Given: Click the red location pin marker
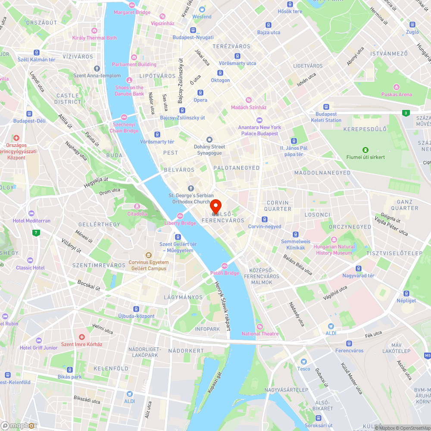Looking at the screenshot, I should (215, 205).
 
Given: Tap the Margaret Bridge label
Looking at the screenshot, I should (132, 12).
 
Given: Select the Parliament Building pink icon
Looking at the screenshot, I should (134, 57).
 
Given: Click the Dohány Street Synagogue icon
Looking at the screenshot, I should (209, 140).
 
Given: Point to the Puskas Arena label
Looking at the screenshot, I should (397, 94).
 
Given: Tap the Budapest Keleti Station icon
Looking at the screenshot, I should (326, 107).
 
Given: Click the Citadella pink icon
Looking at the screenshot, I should (137, 206).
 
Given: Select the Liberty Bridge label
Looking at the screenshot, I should (180, 223).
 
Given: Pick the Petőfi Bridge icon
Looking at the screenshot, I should (224, 266).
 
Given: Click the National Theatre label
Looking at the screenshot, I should (260, 334).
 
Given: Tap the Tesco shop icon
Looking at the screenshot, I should (303, 361).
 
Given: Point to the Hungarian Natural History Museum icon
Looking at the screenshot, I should (334, 240).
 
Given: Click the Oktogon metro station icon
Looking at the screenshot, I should (220, 73).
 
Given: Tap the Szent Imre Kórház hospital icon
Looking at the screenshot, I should (81, 337).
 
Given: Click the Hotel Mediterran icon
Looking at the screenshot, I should (31, 213).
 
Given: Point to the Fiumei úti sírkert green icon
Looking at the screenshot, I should (365, 150).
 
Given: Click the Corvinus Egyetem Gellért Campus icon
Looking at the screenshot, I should (148, 255).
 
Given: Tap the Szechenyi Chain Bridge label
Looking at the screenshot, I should (124, 128).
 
